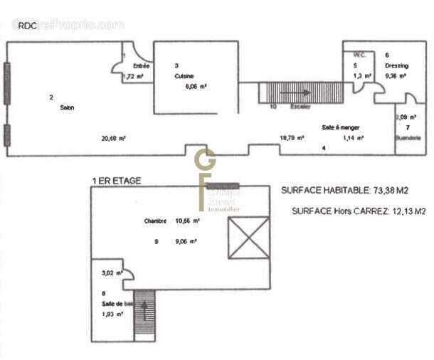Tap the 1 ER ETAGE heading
pos(117,181)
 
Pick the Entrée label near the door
pos(141,65)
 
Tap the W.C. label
pos(359,55)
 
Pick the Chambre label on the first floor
pos(154,221)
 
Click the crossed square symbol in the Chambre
pos(248,238)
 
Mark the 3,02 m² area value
pos(112,272)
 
